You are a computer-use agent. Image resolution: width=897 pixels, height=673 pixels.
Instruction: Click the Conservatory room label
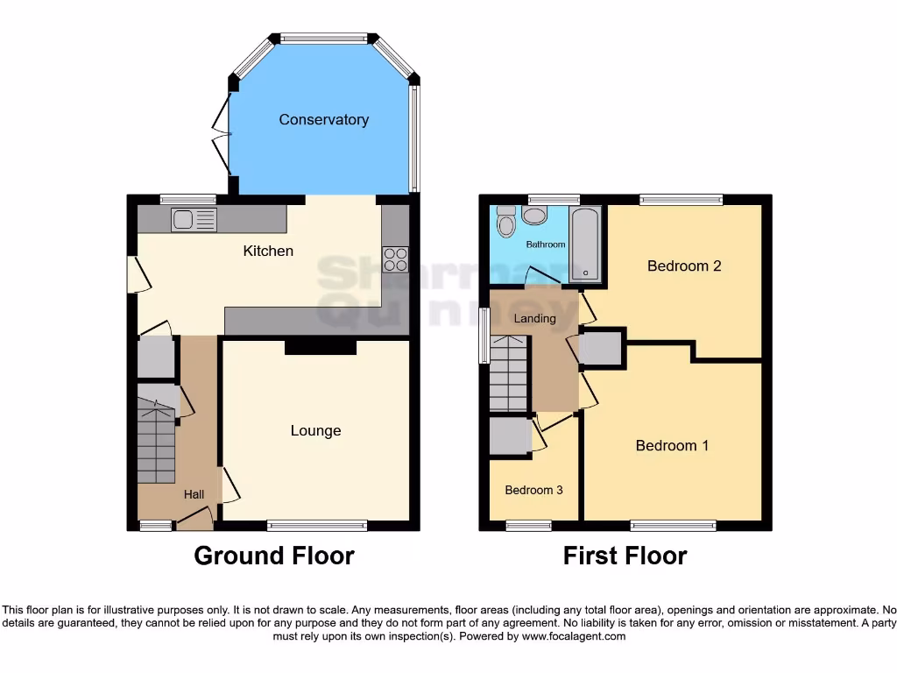coord(323,120)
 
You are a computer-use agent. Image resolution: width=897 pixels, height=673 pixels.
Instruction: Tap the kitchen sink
coord(194,220)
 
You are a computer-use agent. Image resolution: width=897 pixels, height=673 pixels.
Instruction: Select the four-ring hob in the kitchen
coord(395,260)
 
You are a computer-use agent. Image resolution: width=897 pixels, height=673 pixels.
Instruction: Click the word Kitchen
coord(268,251)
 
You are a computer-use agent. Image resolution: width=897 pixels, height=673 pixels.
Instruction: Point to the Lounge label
coord(315,431)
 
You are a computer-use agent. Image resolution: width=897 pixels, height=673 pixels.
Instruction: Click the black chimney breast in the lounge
coord(321,347)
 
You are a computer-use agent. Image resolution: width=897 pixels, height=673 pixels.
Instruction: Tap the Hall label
coord(194,495)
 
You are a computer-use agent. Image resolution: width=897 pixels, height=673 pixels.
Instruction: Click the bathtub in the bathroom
coord(585,244)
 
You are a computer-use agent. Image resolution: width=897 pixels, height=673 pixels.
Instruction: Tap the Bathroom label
coord(545,244)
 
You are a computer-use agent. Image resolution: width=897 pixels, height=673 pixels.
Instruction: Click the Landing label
coord(534,319)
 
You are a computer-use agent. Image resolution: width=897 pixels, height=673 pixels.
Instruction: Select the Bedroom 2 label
coord(684,266)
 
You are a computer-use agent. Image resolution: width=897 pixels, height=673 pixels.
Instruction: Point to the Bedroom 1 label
coord(672,446)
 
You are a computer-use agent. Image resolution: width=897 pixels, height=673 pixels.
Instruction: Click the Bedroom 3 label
coord(533,491)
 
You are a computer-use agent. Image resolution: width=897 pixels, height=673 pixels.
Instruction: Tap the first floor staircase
coord(508,374)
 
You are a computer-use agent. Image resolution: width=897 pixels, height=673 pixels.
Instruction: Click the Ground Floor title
coord(273,556)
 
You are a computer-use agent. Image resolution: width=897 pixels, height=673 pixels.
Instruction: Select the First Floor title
coord(625,556)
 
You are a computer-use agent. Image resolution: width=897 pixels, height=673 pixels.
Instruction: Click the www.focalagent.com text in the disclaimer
coord(574,636)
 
